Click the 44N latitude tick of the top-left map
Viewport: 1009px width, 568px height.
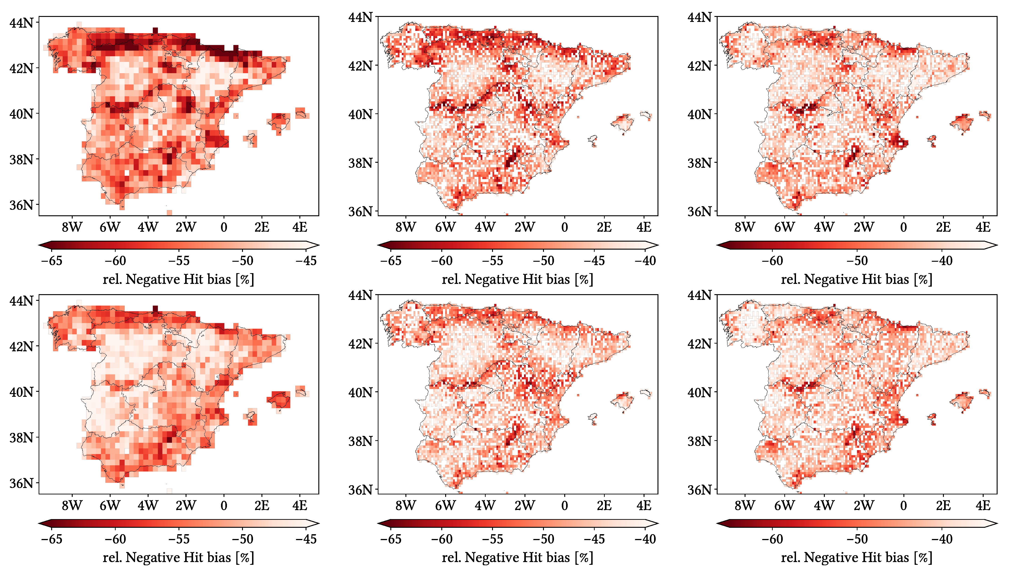tap(21, 23)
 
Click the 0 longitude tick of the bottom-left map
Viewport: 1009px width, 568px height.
tap(224, 505)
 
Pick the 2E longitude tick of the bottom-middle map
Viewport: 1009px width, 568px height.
tap(604, 505)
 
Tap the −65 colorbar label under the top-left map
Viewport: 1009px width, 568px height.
tap(51, 261)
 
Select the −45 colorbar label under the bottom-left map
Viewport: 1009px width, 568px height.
tap(306, 539)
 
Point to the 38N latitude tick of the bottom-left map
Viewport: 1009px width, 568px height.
tap(21, 437)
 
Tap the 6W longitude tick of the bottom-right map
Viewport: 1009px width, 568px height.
tap(785, 505)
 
